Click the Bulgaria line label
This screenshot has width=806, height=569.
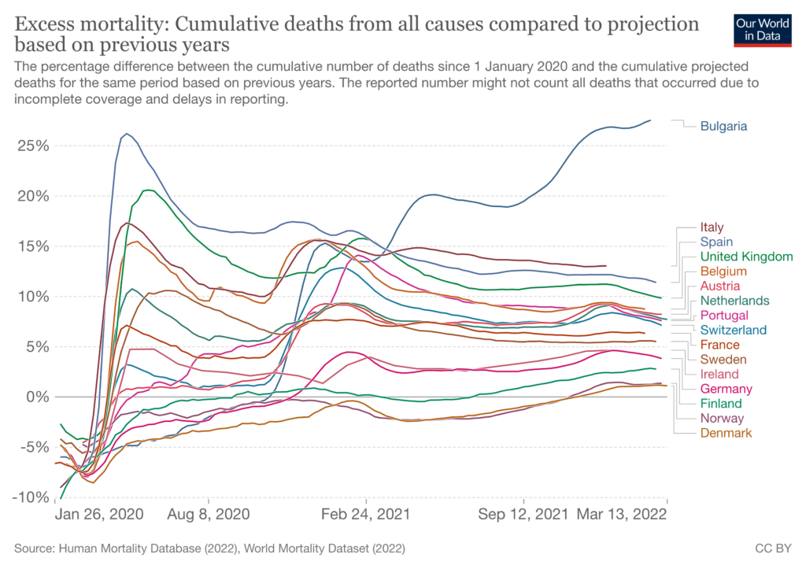[x=723, y=126]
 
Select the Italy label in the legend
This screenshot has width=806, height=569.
[x=712, y=227]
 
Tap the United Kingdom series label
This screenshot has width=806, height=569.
[x=746, y=257]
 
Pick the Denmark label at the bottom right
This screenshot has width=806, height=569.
[x=726, y=433]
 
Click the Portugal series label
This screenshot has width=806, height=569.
[x=723, y=316]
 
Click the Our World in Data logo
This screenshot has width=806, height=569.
[x=762, y=29]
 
